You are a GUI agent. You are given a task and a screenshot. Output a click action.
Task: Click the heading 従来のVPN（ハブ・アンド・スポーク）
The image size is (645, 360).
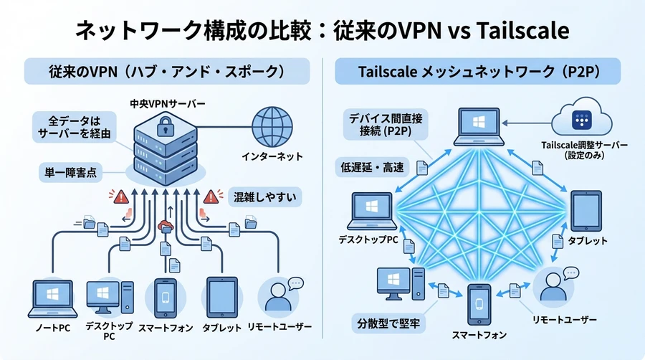pos(166,72)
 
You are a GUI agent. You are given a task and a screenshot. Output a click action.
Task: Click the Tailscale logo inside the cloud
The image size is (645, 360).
pos(578,120)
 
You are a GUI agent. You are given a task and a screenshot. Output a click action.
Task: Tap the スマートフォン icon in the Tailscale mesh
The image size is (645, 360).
pos(479,304)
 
